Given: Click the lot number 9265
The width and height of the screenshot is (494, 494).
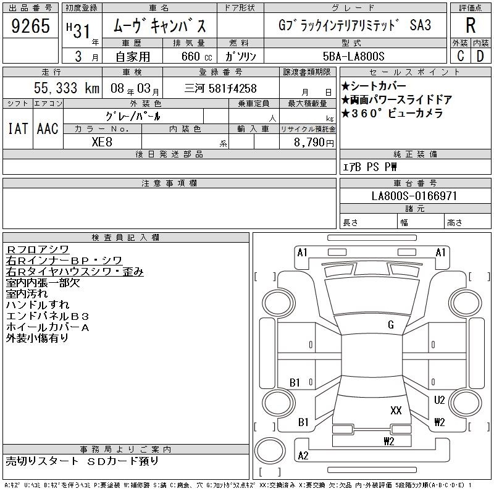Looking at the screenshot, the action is pyautogui.click(x=30, y=26).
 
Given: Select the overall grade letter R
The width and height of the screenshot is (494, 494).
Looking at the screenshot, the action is pyautogui.click(x=471, y=25).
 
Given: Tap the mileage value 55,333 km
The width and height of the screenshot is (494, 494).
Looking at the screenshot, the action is pyautogui.click(x=67, y=88).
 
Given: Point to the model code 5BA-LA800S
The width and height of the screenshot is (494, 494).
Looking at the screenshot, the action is pyautogui.click(x=353, y=56).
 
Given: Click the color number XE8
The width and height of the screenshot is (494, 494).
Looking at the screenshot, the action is pyautogui.click(x=102, y=142).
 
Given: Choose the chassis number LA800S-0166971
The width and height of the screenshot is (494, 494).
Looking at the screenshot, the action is pyautogui.click(x=414, y=196).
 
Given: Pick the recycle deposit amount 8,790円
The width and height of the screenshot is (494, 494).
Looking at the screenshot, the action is pyautogui.click(x=314, y=142).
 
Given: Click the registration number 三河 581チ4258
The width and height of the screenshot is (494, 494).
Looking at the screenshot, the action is pyautogui.click(x=220, y=88).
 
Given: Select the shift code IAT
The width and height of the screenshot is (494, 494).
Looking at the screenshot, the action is pyautogui.click(x=18, y=128).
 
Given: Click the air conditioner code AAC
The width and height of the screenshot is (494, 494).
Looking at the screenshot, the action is pyautogui.click(x=48, y=128).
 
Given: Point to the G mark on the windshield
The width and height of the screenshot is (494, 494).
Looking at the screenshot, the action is pyautogui.click(x=391, y=325).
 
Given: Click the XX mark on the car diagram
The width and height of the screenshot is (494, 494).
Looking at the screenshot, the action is pyautogui.click(x=396, y=410).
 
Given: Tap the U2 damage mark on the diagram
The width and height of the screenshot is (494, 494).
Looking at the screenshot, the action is pyautogui.click(x=439, y=400).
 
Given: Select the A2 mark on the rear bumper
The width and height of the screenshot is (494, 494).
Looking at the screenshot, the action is pyautogui.click(x=303, y=456).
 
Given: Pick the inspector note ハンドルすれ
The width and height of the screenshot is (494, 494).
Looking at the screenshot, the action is pyautogui.click(x=38, y=304).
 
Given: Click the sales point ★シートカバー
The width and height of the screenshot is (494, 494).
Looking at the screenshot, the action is pyautogui.click(x=374, y=86).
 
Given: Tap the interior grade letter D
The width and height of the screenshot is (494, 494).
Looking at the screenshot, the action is pyautogui.click(x=480, y=56).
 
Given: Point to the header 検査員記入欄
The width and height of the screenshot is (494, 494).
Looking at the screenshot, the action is pyautogui.click(x=125, y=237).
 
